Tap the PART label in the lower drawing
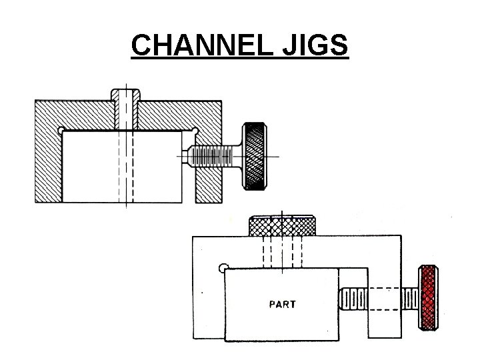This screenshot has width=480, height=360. (x=282, y=305)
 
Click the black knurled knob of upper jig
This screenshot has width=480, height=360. (x=255, y=155)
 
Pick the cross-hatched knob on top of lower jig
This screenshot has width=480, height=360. (x=283, y=226)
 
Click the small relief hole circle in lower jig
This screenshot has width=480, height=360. (x=223, y=268)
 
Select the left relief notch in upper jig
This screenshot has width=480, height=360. (x=61, y=129)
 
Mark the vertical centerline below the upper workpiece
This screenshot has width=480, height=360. (x=125, y=204)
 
